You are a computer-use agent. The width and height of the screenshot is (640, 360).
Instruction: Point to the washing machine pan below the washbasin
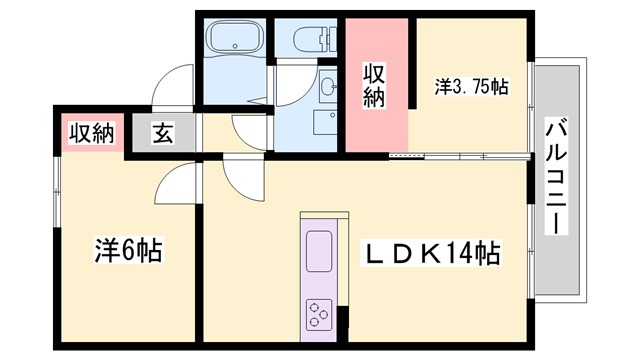326,123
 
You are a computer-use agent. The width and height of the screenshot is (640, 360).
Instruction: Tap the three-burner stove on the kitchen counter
320,312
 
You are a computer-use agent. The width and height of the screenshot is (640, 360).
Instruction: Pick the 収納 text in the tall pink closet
374,84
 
